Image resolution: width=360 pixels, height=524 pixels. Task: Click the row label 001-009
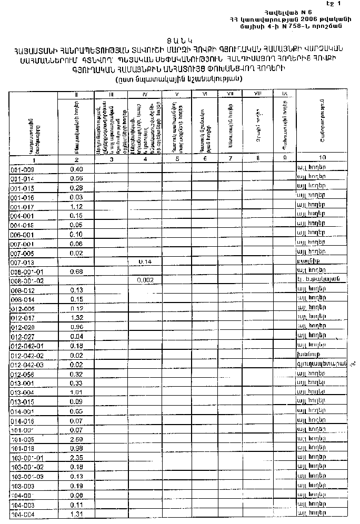click(x=22, y=170)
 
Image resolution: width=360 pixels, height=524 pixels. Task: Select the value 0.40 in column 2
click(x=77, y=169)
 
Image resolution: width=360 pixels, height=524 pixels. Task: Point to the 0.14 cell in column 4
click(x=145, y=261)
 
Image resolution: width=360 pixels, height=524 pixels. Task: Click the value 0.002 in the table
click(x=145, y=280)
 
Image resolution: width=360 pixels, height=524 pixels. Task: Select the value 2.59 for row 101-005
click(x=77, y=439)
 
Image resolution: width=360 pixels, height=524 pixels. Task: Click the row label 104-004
click(x=22, y=513)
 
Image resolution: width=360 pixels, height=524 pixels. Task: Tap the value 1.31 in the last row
click(x=77, y=513)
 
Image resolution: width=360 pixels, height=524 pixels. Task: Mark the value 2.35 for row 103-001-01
click(x=77, y=457)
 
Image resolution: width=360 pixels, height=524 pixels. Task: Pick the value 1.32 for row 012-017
click(x=77, y=318)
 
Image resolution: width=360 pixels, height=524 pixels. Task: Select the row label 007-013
click(x=22, y=262)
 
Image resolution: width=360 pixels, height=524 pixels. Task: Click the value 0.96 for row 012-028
click(x=77, y=327)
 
